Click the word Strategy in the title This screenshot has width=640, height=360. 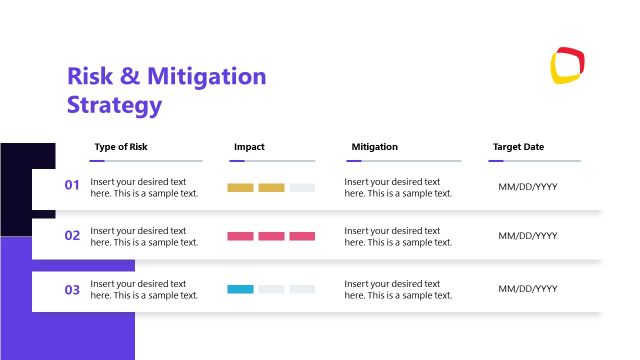click(114, 104)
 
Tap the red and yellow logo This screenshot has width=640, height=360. click(567, 65)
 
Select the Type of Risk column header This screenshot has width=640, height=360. click(121, 147)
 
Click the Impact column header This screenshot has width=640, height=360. click(249, 147)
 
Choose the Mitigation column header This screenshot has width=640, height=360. click(374, 147)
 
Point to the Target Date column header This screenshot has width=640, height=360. click(518, 147)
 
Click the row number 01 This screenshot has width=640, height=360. click(72, 185)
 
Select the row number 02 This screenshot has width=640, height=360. click(72, 236)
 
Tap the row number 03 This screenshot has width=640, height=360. click(72, 290)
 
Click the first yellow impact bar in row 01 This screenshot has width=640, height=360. click(240, 187)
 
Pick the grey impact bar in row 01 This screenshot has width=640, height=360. click(302, 187)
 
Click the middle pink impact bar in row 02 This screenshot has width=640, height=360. click(271, 236)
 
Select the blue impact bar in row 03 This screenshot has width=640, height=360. click(240, 289)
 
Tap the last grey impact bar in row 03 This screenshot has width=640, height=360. click(302, 289)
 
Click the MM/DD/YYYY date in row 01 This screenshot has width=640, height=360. click(528, 187)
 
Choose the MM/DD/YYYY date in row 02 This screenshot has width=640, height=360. click(528, 236)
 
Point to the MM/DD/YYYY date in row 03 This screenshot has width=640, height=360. click(528, 289)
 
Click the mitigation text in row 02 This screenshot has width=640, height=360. click(398, 236)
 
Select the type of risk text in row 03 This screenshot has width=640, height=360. click(144, 289)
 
